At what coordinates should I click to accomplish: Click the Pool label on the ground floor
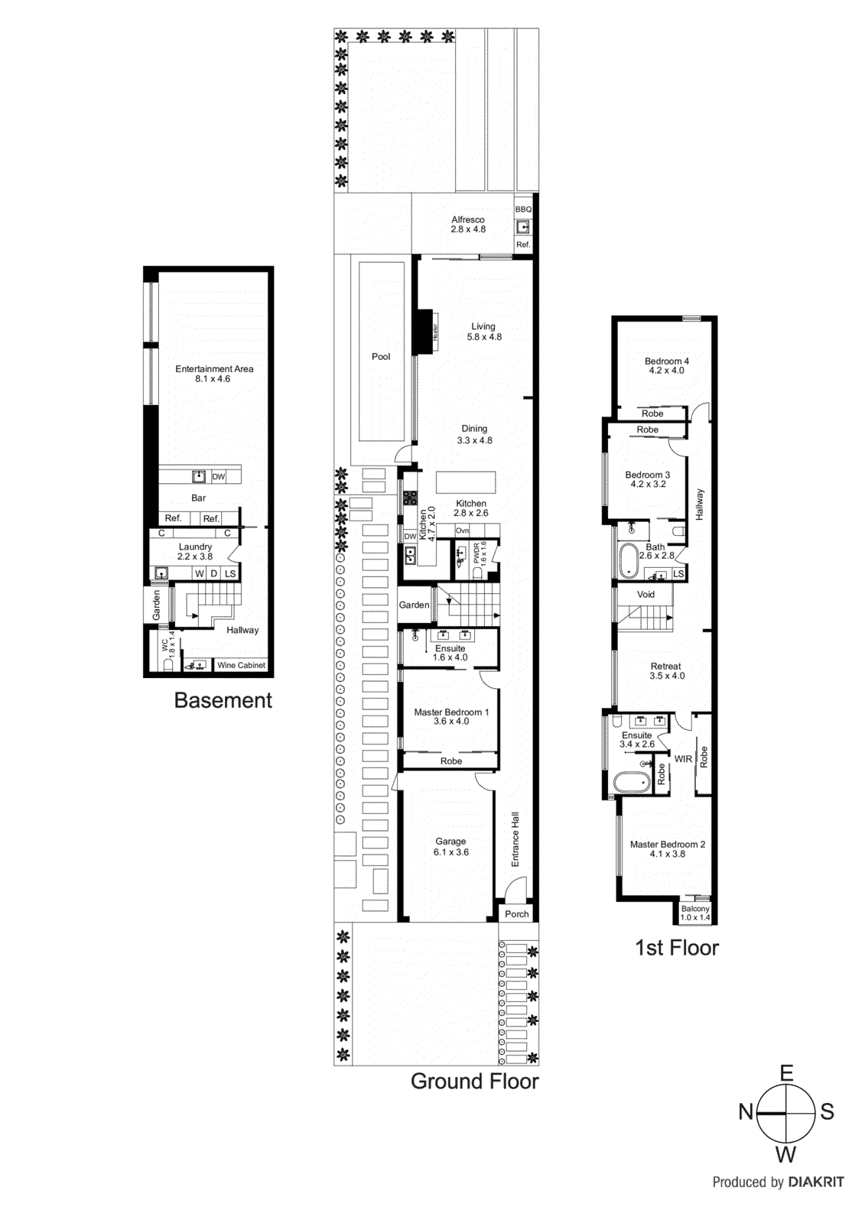tap(381, 357)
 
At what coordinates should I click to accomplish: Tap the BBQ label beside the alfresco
tap(523, 209)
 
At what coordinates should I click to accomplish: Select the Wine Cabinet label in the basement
tap(241, 666)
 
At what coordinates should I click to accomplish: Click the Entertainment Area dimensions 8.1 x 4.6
tap(213, 379)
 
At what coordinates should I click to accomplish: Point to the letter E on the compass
tap(786, 1074)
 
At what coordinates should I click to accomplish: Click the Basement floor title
tap(223, 700)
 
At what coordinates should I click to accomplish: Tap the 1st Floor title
tap(677, 948)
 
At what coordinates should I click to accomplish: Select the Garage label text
tap(450, 842)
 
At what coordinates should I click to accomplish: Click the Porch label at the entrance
tap(517, 914)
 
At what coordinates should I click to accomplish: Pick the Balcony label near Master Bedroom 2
tap(695, 909)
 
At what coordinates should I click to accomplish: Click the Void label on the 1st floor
tap(646, 595)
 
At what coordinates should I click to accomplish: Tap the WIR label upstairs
tap(683, 759)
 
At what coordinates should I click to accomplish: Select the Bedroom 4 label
tap(667, 362)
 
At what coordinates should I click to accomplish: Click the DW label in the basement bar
tap(219, 477)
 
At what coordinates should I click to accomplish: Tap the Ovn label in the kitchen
tap(462, 530)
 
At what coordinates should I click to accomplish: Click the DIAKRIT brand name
tap(816, 1182)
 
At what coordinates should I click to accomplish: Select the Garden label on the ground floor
tap(414, 605)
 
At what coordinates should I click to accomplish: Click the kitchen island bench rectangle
tap(466, 482)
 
